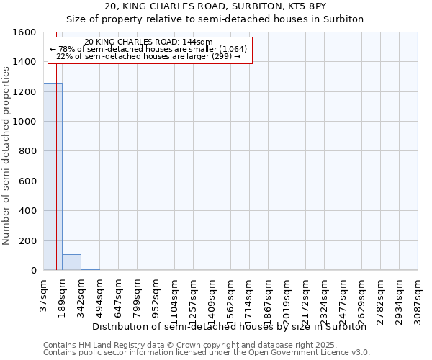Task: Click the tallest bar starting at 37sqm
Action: point(53,176)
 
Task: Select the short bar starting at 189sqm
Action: point(71,262)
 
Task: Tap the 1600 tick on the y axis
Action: point(24,32)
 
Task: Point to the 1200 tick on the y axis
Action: point(24,92)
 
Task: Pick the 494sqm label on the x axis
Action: point(99,296)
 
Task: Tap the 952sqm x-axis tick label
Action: point(156,296)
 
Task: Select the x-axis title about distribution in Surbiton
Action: point(230,326)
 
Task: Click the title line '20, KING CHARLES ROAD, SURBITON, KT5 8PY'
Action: point(215,6)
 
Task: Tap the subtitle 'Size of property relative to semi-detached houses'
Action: point(215,19)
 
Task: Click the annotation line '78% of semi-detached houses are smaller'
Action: point(148,49)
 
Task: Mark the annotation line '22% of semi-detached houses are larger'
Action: point(148,56)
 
